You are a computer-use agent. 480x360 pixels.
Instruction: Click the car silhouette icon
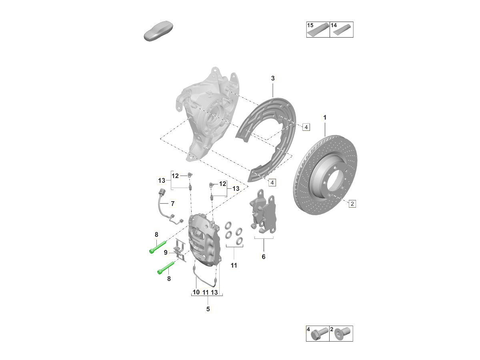tap(158, 31)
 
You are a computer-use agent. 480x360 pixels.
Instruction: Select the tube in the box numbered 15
tap(318, 30)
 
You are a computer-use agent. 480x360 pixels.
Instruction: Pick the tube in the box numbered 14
tap(342, 30)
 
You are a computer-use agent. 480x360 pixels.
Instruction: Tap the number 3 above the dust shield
tap(273, 78)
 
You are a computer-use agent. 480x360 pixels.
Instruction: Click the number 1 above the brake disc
tap(325, 118)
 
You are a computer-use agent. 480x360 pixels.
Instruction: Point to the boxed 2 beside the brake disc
tap(352, 204)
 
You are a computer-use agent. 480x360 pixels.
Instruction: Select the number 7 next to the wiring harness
tap(172, 204)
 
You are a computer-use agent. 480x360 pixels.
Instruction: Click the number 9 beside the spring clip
tap(166, 252)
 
